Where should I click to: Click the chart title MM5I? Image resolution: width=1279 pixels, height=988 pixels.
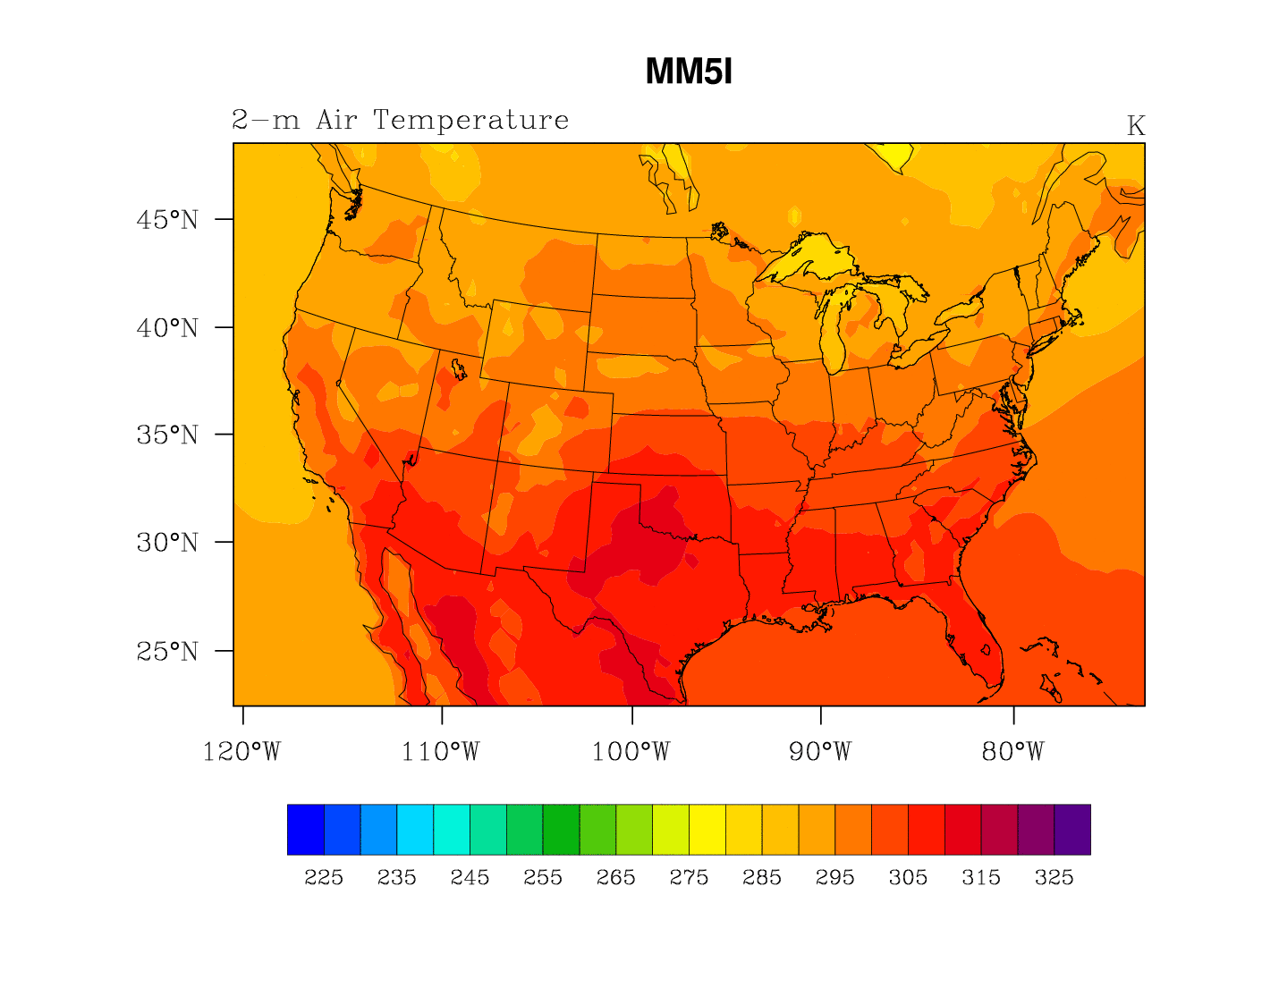click(689, 72)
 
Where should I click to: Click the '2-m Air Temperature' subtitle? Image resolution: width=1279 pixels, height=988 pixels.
click(400, 120)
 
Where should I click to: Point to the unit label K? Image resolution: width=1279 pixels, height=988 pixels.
click(1135, 126)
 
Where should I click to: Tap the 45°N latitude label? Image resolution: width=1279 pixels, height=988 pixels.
click(167, 220)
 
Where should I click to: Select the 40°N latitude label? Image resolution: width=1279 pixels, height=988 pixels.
click(167, 328)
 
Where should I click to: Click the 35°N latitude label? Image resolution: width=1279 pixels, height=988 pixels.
click(167, 435)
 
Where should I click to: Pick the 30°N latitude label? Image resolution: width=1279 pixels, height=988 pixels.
click(167, 543)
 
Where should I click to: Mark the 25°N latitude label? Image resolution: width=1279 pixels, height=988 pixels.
click(167, 652)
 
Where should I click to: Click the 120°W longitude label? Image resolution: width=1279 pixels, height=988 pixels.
click(241, 752)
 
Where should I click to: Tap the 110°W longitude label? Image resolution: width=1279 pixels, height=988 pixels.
click(440, 752)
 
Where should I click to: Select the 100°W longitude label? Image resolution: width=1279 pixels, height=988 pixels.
click(631, 752)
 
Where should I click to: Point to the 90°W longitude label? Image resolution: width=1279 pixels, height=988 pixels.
click(820, 752)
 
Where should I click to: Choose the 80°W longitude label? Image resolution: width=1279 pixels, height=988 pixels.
click(1012, 752)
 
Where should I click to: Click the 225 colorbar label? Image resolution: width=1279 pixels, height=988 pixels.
click(324, 878)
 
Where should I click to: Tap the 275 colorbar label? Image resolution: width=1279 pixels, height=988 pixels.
click(689, 878)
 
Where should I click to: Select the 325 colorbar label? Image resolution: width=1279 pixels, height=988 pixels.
click(1054, 878)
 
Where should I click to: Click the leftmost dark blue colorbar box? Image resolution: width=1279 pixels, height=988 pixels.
click(305, 830)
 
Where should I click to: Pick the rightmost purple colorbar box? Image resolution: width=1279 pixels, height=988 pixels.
click(1071, 830)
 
